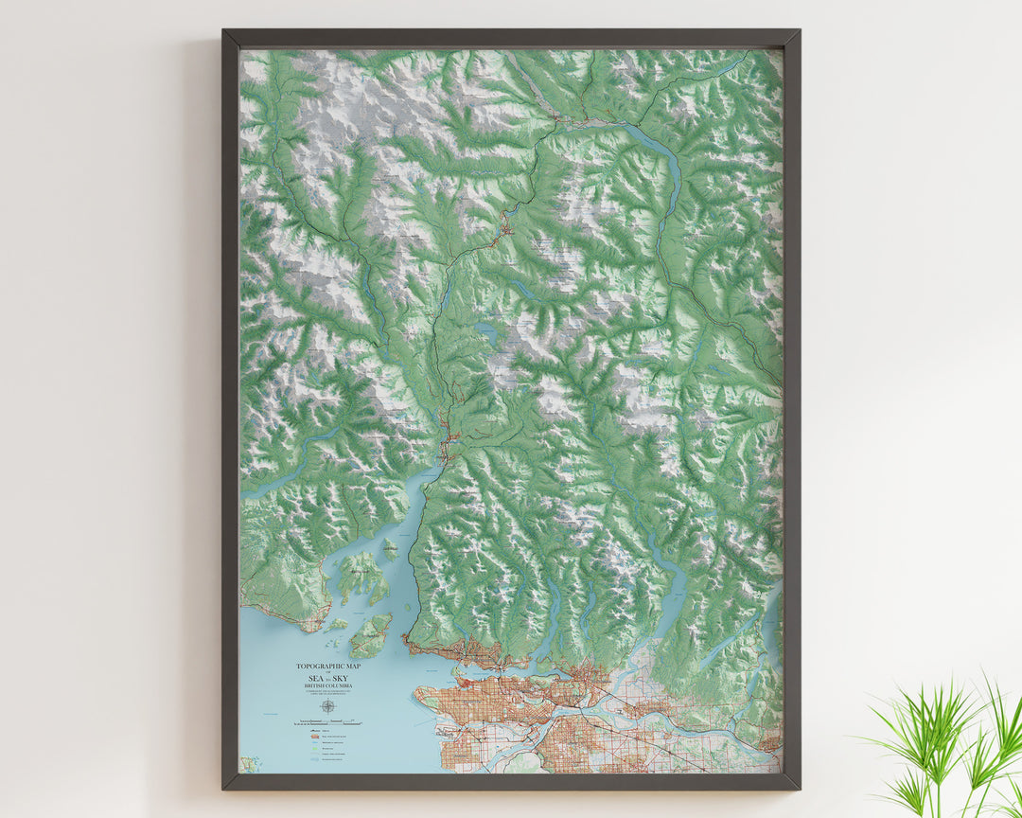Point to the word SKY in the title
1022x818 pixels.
point(339,679)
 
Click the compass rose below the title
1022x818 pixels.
point(327,705)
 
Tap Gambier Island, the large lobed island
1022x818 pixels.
point(362,576)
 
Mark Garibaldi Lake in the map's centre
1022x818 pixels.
point(487,331)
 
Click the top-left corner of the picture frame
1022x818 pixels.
point(224,32)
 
